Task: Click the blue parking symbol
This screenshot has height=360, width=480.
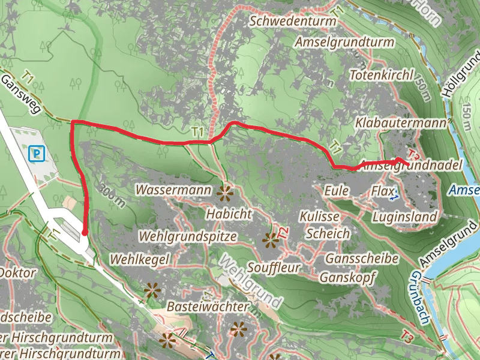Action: [x=37, y=154]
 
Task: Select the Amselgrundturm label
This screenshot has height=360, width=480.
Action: [x=344, y=43]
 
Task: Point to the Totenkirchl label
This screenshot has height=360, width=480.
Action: [x=382, y=76]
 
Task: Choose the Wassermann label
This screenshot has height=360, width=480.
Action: [x=174, y=190]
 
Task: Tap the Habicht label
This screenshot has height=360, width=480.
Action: [x=229, y=213]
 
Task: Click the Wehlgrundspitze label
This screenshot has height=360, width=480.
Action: [x=187, y=236]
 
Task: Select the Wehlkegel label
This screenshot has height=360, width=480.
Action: [x=141, y=259]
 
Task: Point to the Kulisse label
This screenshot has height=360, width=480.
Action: [x=320, y=216]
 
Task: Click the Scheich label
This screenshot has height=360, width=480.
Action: [x=328, y=234]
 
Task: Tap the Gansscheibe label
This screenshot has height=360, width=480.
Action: [x=362, y=259]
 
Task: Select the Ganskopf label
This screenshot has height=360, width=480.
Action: [x=347, y=278]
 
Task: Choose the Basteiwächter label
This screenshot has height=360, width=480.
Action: [x=208, y=307]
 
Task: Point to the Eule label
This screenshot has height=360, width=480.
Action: [x=336, y=190]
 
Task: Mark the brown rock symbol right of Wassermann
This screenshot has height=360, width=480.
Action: [x=226, y=193]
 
